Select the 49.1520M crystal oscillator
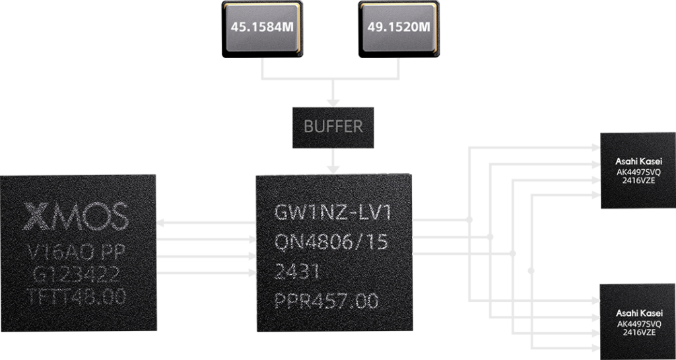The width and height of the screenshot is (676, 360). tap(400, 28)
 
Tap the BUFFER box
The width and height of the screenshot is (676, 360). tap(333, 127)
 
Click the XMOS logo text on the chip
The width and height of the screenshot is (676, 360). tap(77, 215)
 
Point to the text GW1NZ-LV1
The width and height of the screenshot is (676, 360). tap(333, 214)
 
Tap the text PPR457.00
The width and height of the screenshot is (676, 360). tap(326, 301)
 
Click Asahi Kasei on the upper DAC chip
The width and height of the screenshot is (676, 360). tap(638, 161)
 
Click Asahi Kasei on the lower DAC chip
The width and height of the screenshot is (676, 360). tap(638, 312)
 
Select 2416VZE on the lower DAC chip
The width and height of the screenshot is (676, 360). tap(638, 333)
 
